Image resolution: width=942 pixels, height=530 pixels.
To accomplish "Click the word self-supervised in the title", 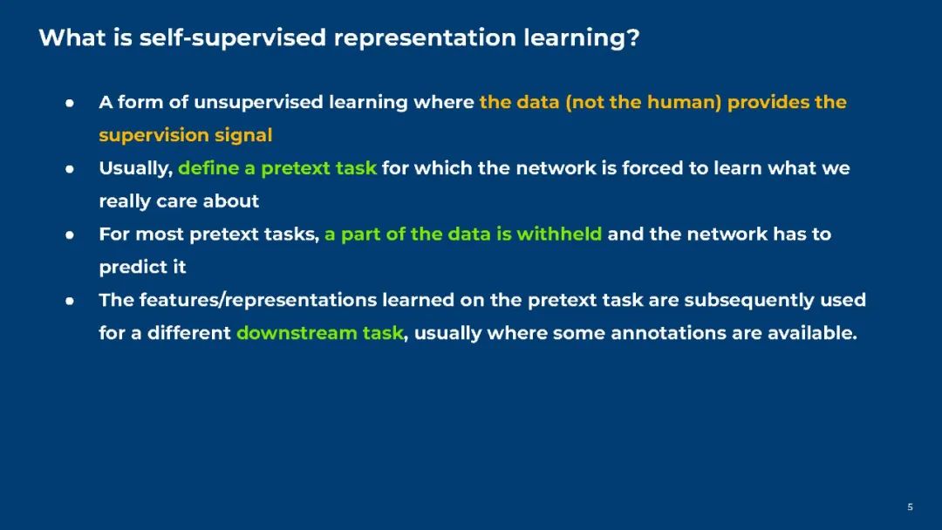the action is [233, 38].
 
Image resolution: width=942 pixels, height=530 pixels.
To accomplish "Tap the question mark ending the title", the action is [632, 37].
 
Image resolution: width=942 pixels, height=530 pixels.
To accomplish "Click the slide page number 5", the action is [910, 507].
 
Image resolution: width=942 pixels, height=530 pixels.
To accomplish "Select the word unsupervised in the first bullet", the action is [258, 103].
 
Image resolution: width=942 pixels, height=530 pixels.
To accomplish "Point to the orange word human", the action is [684, 102].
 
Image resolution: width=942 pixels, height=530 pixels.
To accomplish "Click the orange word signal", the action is [243, 136].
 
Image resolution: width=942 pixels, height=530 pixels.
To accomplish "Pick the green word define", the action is [208, 168].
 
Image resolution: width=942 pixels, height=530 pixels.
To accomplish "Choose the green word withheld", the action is [559, 234].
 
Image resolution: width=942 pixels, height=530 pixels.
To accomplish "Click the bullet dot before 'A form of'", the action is [70, 103].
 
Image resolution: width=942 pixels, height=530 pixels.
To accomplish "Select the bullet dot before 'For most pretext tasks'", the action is [70, 235].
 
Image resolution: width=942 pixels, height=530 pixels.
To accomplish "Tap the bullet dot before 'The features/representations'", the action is [70, 302].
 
